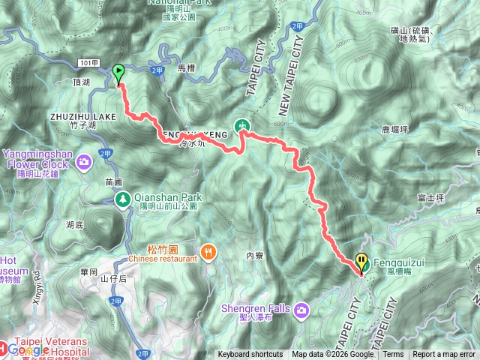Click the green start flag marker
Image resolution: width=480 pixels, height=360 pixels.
click(x=118, y=73)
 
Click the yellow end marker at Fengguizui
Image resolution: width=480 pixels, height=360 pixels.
click(x=362, y=262)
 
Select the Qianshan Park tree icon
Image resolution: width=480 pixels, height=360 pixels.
click(x=122, y=199)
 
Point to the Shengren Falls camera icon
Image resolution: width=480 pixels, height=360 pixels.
click(x=301, y=310)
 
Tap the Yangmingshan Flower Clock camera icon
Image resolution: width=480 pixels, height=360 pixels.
click(x=85, y=160)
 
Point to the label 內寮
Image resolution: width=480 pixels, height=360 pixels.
click(x=256, y=256)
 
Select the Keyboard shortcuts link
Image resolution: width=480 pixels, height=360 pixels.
click(x=250, y=355)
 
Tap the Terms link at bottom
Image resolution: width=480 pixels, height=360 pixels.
click(x=393, y=355)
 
